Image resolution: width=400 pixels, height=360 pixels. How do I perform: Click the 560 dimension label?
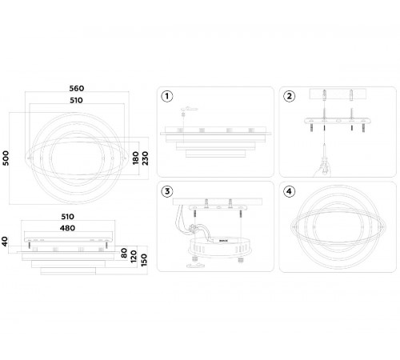[77, 88]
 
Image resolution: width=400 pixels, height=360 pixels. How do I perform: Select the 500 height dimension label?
[6, 158]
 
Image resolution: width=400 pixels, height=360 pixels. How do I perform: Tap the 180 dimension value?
[136, 158]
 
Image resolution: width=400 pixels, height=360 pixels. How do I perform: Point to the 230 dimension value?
[145, 158]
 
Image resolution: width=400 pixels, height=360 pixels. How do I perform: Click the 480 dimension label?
[67, 228]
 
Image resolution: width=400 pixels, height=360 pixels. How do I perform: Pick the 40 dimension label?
[6, 242]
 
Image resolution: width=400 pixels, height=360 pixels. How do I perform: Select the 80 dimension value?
[124, 253]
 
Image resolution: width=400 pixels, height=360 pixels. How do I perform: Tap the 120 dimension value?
[134, 257]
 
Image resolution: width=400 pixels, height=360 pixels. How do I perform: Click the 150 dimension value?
[144, 260]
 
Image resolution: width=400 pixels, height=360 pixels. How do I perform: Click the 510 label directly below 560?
[76, 100]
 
